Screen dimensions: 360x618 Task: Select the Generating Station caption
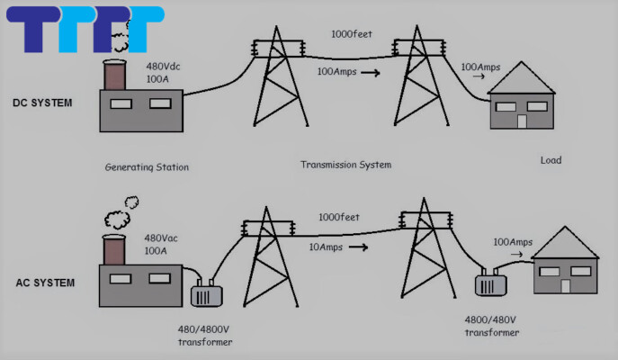[x=147, y=167]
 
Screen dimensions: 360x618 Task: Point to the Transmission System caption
[x=346, y=165]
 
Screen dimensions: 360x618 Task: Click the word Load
[x=551, y=160]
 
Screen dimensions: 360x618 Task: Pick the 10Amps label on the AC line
[x=324, y=246]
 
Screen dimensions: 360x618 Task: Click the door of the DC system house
[x=521, y=121]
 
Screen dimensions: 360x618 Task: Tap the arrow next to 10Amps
[x=359, y=246]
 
